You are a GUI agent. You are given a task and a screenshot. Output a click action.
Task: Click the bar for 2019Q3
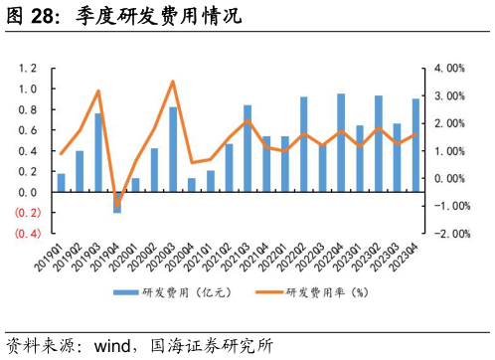[x=98, y=152]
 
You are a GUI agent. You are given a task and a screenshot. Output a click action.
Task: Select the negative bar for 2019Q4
[x=117, y=202]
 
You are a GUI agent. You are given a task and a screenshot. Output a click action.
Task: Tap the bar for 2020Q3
[x=173, y=149]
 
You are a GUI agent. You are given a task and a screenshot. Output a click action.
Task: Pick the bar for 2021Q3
[x=247, y=148]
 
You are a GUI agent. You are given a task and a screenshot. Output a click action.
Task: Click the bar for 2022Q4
[x=341, y=142]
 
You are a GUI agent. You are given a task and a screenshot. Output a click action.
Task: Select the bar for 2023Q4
[x=415, y=145]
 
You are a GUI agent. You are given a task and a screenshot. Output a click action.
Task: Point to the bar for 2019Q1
[x=62, y=183]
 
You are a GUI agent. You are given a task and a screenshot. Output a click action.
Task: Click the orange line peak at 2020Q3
[x=173, y=82]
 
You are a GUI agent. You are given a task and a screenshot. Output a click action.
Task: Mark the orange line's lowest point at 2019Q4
[x=117, y=206]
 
